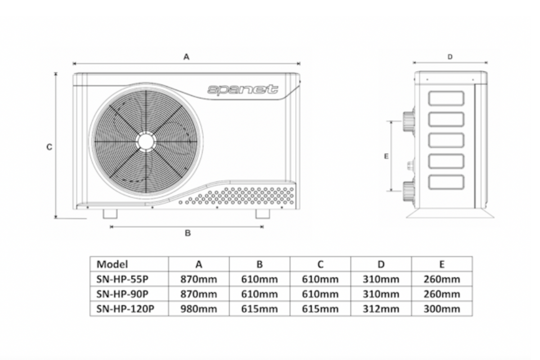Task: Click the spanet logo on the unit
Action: click(x=243, y=90)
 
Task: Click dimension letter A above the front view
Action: click(x=186, y=57)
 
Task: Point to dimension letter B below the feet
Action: click(x=188, y=233)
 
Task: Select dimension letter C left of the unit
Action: click(x=49, y=147)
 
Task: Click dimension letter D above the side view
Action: click(x=450, y=57)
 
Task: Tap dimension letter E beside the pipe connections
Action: click(x=386, y=156)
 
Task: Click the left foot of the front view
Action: click(x=110, y=214)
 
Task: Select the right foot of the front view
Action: click(x=262, y=214)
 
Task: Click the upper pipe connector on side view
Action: click(x=409, y=121)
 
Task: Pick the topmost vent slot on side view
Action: click(x=446, y=99)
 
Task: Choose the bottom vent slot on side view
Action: click(x=446, y=182)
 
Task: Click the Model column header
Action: click(x=112, y=264)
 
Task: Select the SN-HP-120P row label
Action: click(x=123, y=309)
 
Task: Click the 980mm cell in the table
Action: click(x=198, y=309)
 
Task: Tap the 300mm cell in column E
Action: click(x=441, y=309)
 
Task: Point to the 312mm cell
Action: click(x=381, y=309)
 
